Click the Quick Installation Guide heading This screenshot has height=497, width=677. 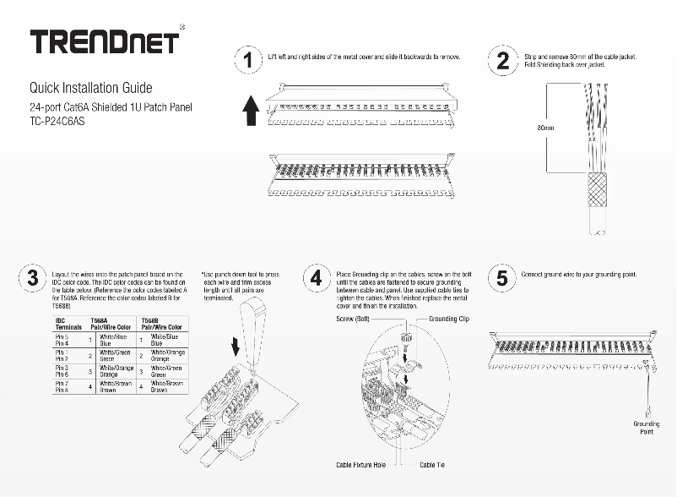[90, 88]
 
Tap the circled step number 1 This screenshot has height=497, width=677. [247, 61]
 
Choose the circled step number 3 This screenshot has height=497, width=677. [32, 278]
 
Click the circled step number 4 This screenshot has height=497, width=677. [316, 278]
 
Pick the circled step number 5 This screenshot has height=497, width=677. [501, 278]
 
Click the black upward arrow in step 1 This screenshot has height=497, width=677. [250, 110]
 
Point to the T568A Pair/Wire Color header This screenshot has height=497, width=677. [110, 324]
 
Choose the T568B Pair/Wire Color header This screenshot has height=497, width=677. [160, 324]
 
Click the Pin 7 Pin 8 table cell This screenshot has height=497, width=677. [62, 387]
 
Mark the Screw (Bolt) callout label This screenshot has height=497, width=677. [353, 319]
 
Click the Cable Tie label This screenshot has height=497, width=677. [432, 465]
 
